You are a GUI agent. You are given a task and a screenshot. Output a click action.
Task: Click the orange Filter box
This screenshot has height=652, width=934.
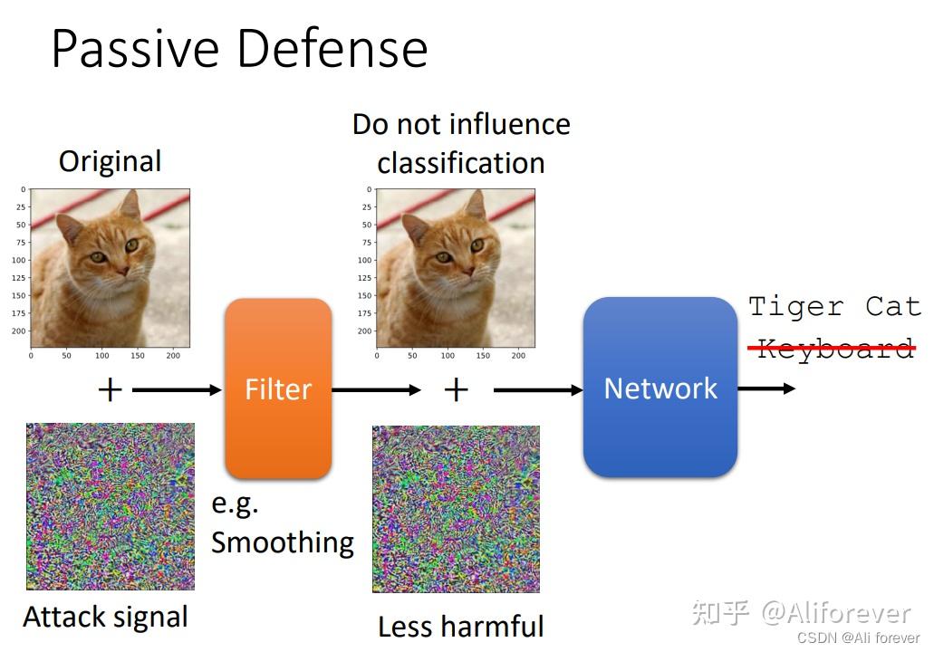click(278, 388)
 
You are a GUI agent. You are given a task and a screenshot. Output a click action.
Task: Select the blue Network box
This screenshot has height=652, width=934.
click(660, 388)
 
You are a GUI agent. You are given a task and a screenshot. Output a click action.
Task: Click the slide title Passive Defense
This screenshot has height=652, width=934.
click(239, 49)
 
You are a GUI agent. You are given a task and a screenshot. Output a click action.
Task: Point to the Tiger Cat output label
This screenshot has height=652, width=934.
click(834, 307)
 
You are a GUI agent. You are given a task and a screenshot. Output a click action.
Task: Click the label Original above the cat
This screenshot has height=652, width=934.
click(110, 162)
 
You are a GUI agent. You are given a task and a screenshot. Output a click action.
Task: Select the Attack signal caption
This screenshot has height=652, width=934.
click(106, 618)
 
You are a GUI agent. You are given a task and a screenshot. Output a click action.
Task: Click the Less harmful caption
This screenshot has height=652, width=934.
click(460, 627)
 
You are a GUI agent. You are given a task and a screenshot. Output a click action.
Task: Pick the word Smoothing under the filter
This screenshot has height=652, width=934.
click(283, 542)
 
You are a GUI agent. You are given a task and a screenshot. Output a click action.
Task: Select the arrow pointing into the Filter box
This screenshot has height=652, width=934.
click(177, 390)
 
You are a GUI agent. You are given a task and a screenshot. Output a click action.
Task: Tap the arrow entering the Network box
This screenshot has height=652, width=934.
click(538, 390)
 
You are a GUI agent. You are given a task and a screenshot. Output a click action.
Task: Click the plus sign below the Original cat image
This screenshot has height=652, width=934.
click(110, 390)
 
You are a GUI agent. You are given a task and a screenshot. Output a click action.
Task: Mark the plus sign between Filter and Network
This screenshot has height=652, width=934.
click(456, 390)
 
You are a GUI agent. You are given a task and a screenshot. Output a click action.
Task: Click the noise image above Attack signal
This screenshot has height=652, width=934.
click(110, 506)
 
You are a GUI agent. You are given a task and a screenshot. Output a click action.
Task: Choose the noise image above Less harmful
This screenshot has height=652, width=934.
click(456, 509)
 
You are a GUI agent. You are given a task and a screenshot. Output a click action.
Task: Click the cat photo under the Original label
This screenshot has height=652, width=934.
click(110, 267)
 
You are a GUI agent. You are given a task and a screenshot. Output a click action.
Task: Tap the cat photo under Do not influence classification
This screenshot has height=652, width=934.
click(455, 267)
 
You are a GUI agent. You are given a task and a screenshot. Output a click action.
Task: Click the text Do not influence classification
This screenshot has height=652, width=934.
click(461, 143)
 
